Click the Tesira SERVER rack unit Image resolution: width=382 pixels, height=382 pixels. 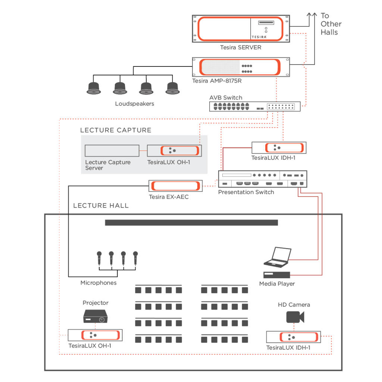click(241, 29)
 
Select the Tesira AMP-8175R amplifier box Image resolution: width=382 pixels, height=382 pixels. click(241, 67)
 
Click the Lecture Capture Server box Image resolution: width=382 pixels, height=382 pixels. click(112, 151)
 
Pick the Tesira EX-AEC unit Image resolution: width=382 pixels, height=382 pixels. click(176, 186)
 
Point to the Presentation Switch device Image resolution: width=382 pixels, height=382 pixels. click(262, 179)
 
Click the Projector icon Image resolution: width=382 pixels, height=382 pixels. click(95, 317)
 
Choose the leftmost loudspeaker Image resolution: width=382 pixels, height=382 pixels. click(93, 88)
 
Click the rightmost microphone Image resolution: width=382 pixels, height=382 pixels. click(135, 258)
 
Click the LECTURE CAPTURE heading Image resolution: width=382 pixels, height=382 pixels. click(116, 130)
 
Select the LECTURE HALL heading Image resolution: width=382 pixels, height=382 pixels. click(101, 206)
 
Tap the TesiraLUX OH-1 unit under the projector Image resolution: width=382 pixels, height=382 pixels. click(95, 335)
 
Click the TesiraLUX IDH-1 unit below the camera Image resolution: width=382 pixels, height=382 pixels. click(293, 337)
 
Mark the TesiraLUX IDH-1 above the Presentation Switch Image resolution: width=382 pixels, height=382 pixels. click(279, 148)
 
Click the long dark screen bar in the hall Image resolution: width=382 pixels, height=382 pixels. click(191, 223)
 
